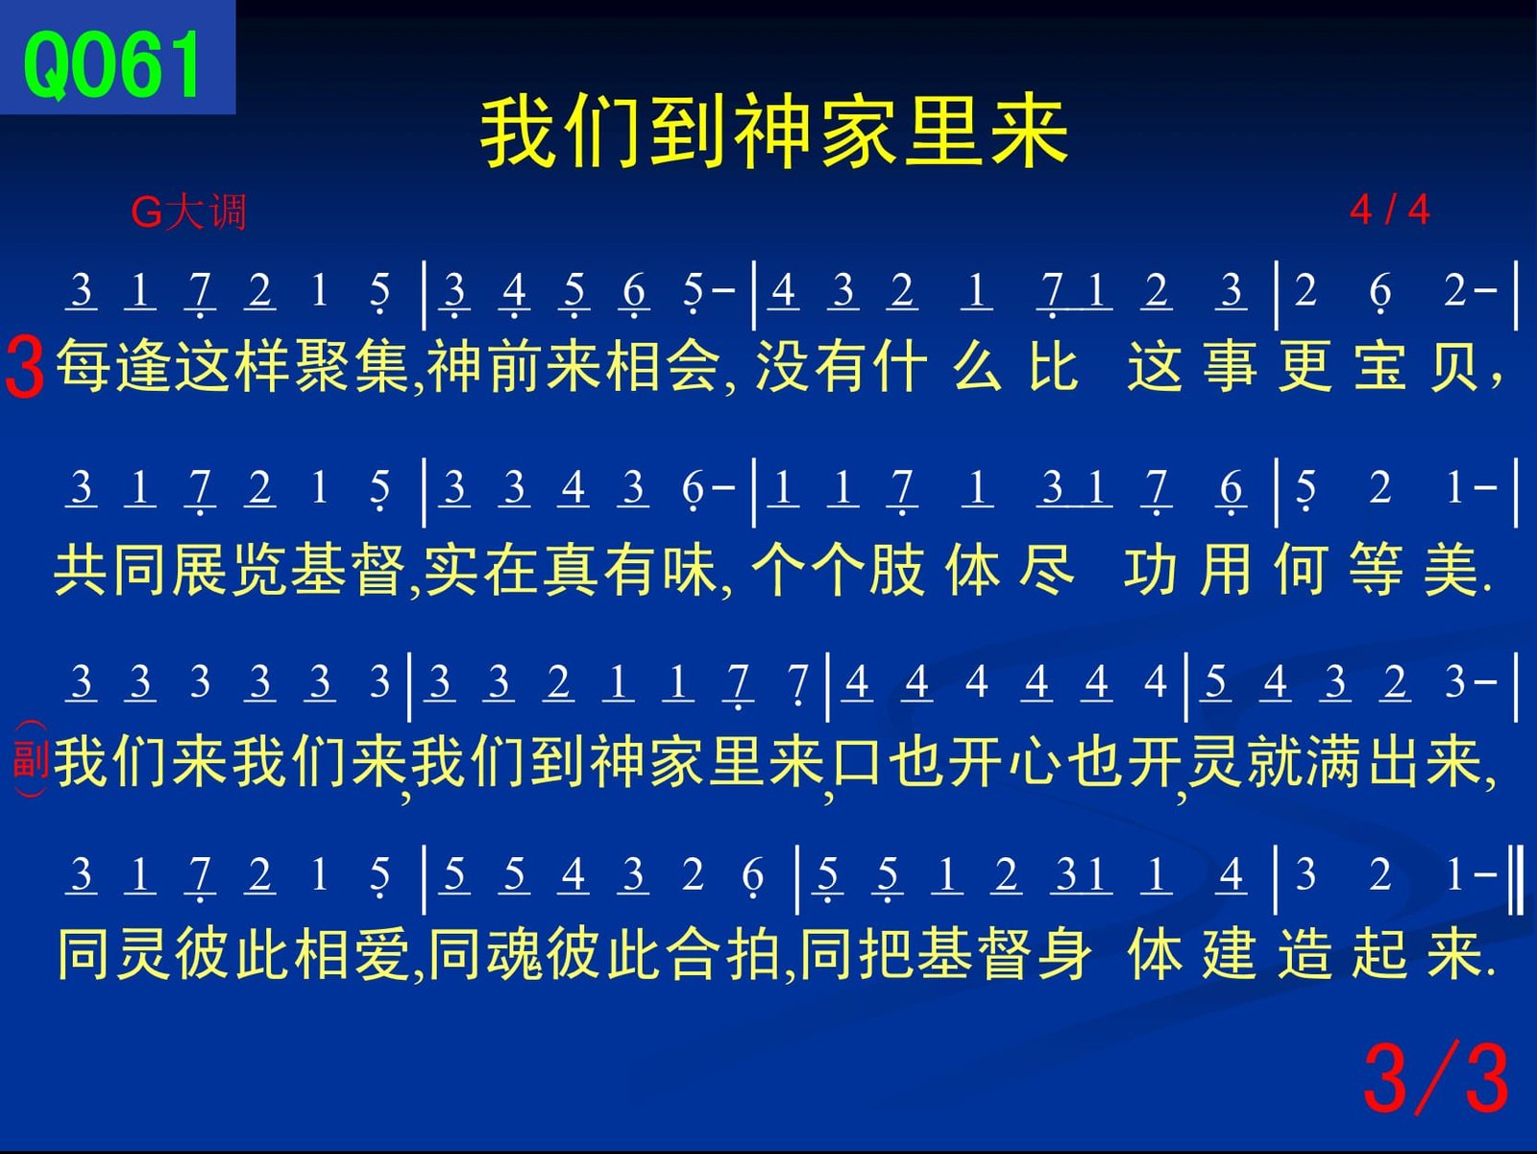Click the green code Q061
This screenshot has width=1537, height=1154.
(112, 64)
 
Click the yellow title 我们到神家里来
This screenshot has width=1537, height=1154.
(773, 133)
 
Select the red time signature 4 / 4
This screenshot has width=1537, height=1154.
(1389, 209)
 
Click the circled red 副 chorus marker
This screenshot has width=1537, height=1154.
(31, 758)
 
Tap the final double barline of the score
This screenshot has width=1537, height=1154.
(1515, 879)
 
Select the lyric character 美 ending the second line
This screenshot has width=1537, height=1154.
(1451, 569)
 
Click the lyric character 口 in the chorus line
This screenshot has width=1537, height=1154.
(857, 761)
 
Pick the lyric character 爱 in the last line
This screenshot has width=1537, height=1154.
(382, 954)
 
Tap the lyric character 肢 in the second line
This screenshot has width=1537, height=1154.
(897, 569)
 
